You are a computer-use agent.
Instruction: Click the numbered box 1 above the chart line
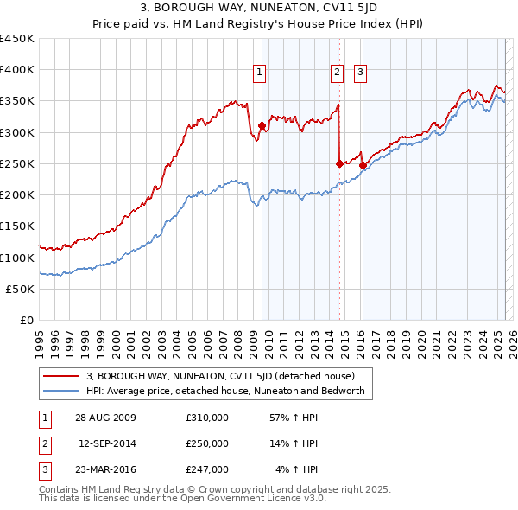click(260, 73)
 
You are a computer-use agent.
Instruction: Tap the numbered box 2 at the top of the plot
click(337, 73)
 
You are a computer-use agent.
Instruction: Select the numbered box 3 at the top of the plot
click(360, 73)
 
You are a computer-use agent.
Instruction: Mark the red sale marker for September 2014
click(339, 163)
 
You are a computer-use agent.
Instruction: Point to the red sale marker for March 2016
click(363, 165)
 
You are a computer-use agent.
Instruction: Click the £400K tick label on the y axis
click(17, 70)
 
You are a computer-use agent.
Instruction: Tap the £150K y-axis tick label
click(17, 226)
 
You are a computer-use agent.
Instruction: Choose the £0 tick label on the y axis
click(26, 321)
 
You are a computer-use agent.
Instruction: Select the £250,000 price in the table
click(206, 443)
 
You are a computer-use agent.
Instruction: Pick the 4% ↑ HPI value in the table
click(297, 469)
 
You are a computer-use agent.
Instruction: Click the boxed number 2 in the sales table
click(42, 443)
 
